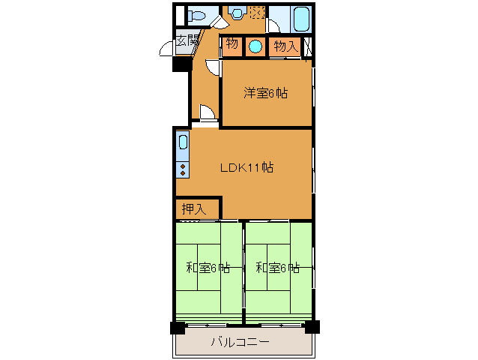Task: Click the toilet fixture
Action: click(196, 15)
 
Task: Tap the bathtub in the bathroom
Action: click(302, 19)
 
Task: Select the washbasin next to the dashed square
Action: click(238, 13)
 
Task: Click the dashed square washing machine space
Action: click(257, 12)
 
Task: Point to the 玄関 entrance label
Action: click(187, 40)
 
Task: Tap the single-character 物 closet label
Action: click(232, 44)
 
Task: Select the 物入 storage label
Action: click(285, 46)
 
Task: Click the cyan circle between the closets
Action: click(255, 46)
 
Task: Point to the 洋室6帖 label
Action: click(265, 93)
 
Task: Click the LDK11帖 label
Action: click(247, 167)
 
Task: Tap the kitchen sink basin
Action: click(183, 142)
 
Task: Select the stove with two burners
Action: click(183, 170)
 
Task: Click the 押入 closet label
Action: click(194, 209)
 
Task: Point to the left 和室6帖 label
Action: click(208, 268)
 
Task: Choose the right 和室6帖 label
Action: click(277, 268)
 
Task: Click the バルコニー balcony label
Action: click(240, 342)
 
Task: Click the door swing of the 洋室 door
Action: click(212, 67)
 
